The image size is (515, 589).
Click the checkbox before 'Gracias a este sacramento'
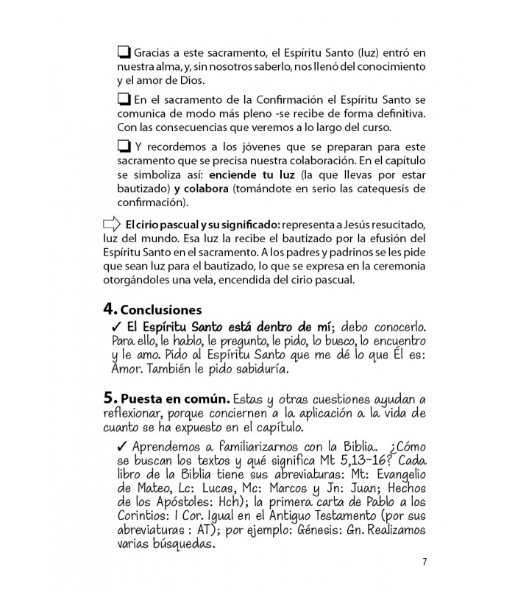click(x=124, y=53)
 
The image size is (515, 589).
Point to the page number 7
click(x=424, y=563)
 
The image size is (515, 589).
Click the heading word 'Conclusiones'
click(x=160, y=309)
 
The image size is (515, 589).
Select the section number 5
click(x=109, y=398)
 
